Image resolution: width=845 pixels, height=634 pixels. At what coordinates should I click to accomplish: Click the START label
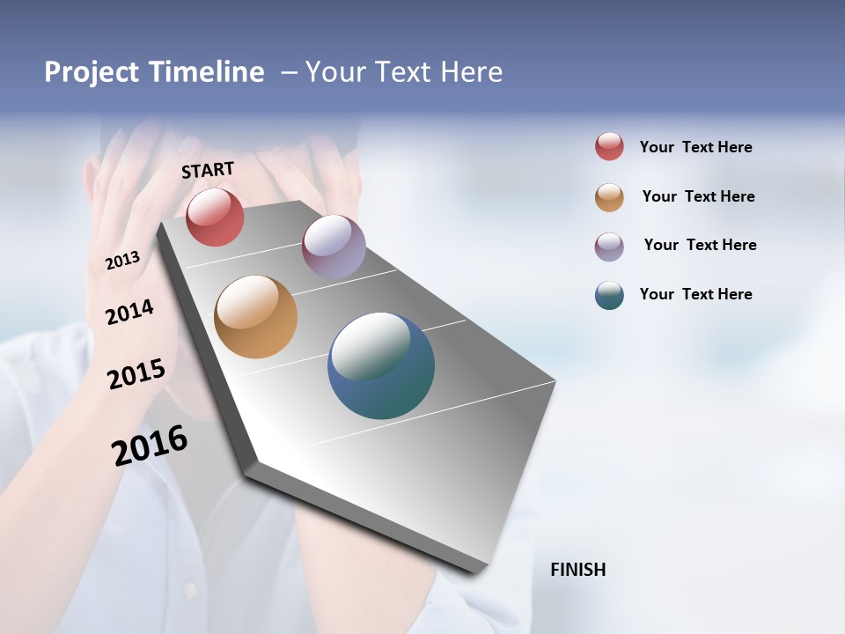coord(208,169)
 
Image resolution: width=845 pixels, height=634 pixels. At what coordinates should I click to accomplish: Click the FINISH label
coord(577,570)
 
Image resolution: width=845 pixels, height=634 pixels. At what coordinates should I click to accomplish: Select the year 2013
coord(122,261)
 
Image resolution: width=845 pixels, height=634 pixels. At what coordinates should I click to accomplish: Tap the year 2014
coord(129,313)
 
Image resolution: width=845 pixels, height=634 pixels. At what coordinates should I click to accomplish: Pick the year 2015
coord(136,374)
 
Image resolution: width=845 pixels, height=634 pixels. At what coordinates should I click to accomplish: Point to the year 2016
coord(150,445)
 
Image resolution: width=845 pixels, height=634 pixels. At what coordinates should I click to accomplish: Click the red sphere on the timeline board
coord(215,217)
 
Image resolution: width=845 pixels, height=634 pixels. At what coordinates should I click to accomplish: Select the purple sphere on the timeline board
coord(334,246)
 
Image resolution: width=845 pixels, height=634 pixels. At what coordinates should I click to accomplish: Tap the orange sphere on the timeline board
coord(255,317)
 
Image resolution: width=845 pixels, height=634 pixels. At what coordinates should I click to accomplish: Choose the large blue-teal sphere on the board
coord(381,365)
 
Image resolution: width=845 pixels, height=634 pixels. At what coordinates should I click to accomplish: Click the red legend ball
coord(609,146)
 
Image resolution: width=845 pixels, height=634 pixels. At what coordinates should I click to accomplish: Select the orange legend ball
coord(609,197)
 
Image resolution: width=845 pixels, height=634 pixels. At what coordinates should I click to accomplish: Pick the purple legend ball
coord(609,247)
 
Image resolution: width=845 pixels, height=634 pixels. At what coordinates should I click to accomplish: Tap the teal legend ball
coord(609,295)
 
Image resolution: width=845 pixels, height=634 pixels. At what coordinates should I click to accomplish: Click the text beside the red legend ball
coord(695,147)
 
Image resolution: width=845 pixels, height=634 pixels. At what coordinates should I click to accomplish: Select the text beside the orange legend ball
coord(698,196)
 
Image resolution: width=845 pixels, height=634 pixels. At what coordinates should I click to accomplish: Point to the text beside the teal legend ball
coord(695,294)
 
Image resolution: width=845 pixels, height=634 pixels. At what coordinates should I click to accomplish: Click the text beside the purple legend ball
coord(700,245)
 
